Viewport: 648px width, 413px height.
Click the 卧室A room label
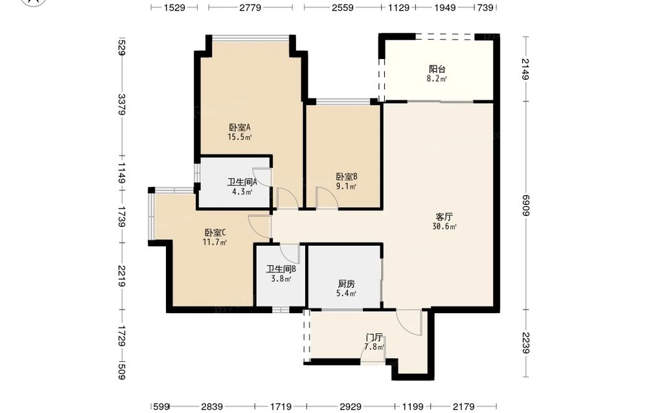(240, 127)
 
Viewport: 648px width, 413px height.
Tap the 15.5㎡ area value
(240, 137)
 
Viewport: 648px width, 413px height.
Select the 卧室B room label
(347, 176)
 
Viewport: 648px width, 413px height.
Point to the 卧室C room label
(215, 233)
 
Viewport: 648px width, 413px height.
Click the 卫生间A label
(242, 182)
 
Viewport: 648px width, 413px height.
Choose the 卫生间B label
(281, 269)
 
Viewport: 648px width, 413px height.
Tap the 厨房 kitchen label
(346, 284)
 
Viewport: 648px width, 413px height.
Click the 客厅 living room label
(445, 217)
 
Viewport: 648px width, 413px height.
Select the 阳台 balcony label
(437, 69)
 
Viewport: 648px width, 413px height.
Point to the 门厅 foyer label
(374, 337)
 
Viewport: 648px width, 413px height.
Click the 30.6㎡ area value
(445, 226)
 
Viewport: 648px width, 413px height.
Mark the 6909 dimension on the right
(526, 206)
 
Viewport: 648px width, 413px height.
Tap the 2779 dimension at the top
(250, 7)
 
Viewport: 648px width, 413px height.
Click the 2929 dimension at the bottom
(351, 407)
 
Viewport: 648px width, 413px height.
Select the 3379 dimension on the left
(122, 105)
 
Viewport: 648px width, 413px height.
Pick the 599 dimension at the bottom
(161, 407)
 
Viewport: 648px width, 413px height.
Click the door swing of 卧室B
(327, 197)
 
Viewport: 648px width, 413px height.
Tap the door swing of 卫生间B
(290, 253)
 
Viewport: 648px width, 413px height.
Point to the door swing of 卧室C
(260, 226)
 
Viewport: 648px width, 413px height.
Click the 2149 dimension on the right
(526, 69)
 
